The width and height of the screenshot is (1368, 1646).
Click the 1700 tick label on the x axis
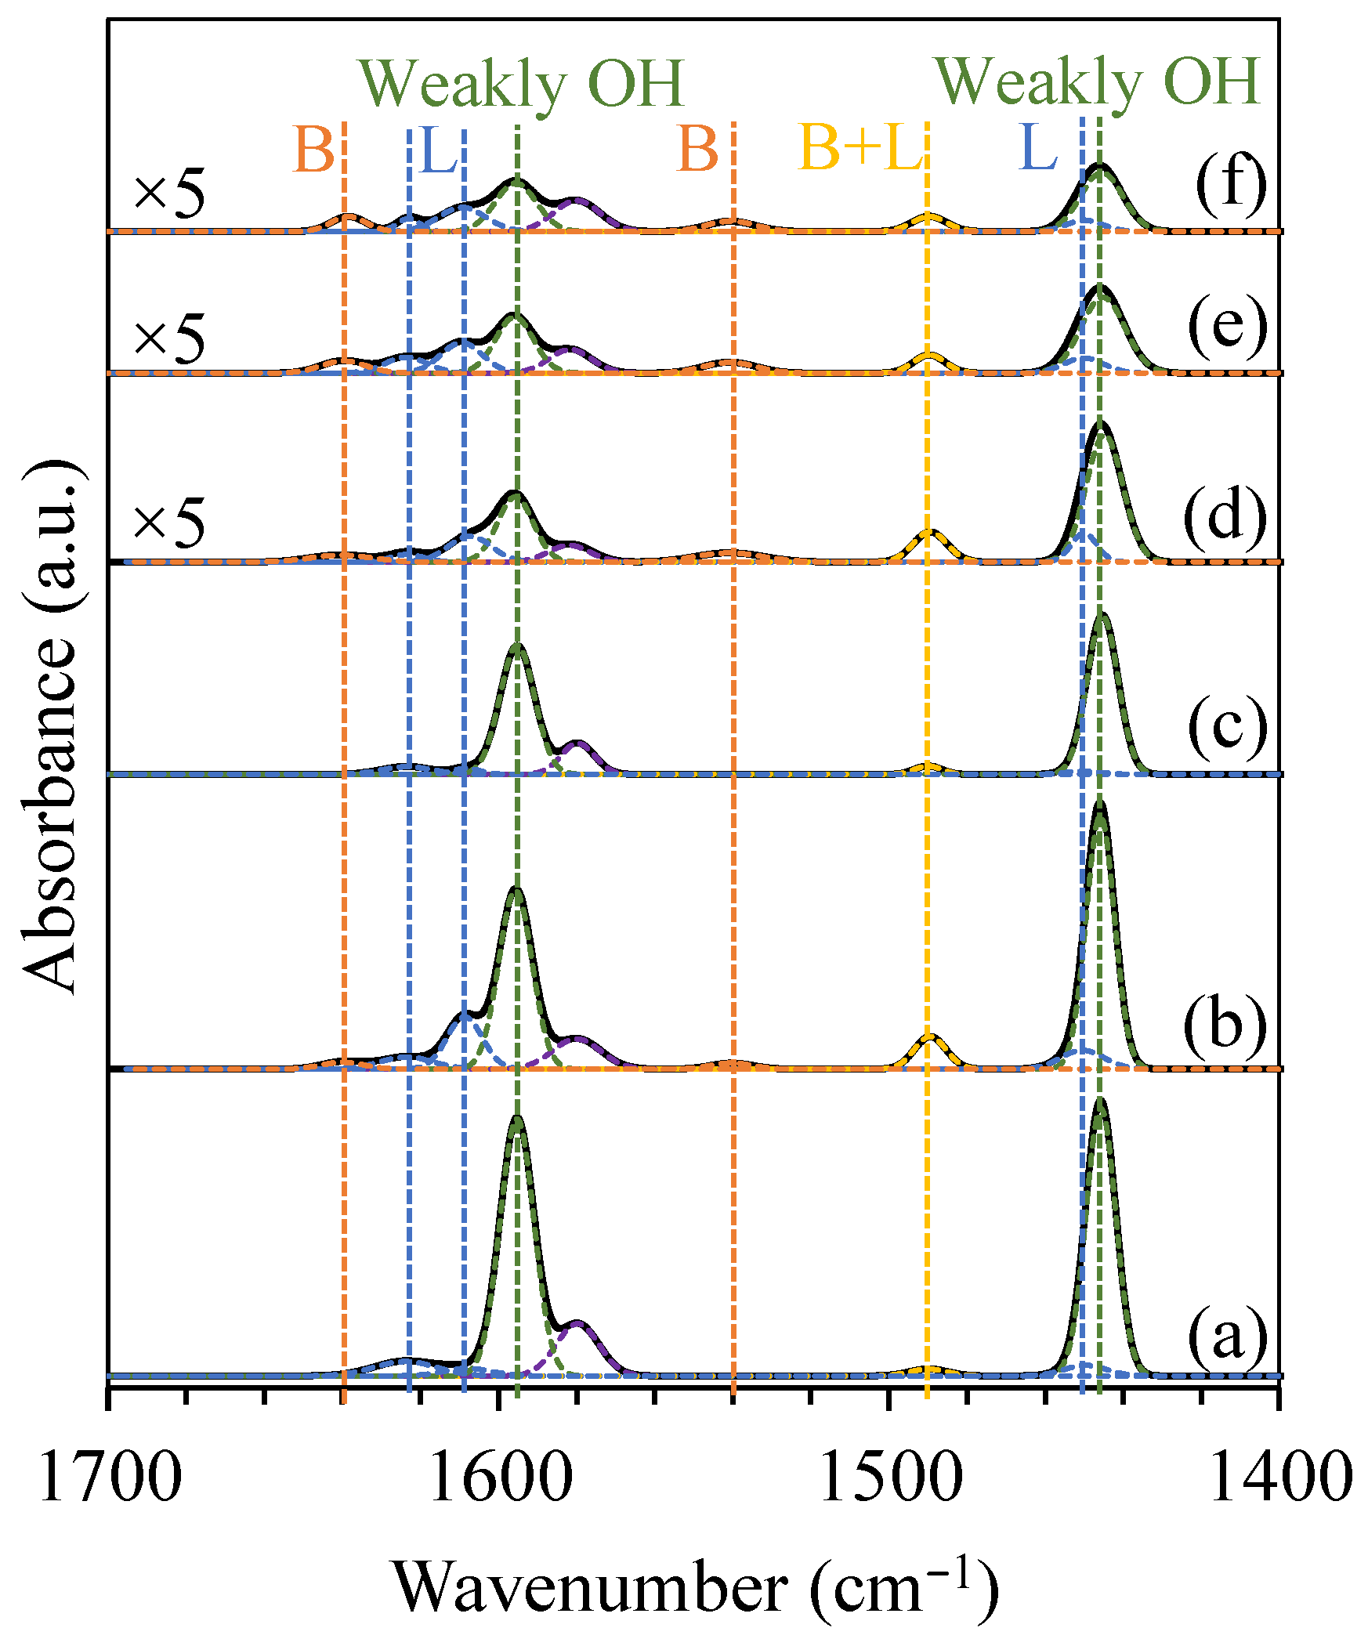pyautogui.click(x=110, y=1477)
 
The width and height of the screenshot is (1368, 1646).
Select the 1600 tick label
pyautogui.click(x=500, y=1477)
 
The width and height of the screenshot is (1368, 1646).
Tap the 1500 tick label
pyautogui.click(x=891, y=1477)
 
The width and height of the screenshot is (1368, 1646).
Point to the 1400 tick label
pyautogui.click(x=1281, y=1477)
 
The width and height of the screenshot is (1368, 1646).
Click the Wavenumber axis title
pyautogui.click(x=695, y=1588)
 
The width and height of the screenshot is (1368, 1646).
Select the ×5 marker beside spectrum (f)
pyautogui.click(x=168, y=192)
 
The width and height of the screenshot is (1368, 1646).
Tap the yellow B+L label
pyautogui.click(x=860, y=147)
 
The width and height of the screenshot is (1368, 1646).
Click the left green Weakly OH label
pyautogui.click(x=522, y=84)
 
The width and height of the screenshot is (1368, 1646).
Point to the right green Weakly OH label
pyautogui.click(x=1098, y=81)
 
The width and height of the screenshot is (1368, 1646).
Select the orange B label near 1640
pyautogui.click(x=313, y=149)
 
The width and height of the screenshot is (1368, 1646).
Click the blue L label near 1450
pyautogui.click(x=1038, y=147)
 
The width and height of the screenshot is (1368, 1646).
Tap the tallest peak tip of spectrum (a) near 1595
pyautogui.click(x=516, y=1120)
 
